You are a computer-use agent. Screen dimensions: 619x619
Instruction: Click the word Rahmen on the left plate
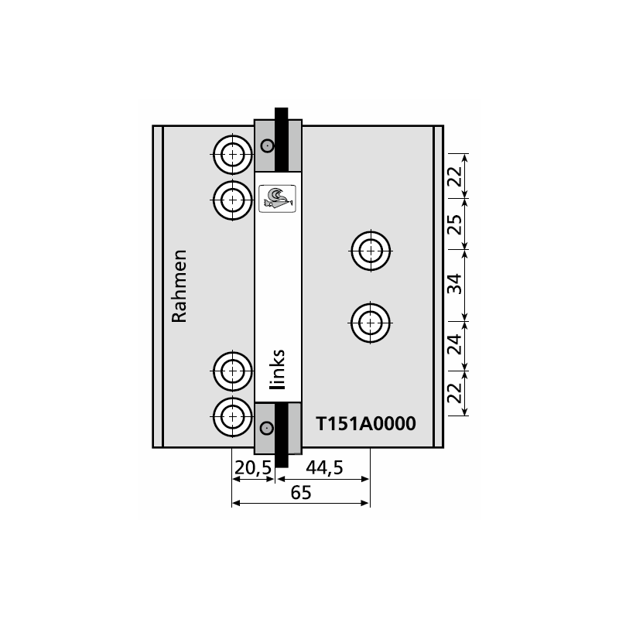pos(180,286)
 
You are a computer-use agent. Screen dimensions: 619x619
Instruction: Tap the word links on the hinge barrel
pos(277,369)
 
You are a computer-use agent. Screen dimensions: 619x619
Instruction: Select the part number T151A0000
pos(366,423)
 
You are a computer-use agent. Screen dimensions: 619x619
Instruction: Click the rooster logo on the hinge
pos(277,199)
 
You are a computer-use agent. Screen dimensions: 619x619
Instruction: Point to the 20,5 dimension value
pos(253,468)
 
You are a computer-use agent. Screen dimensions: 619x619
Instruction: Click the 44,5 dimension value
pos(324,468)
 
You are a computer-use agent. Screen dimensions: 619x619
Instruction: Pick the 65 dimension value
pos(301,493)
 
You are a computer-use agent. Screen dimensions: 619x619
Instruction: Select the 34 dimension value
pos(454,284)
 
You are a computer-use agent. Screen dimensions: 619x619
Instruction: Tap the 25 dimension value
pos(454,224)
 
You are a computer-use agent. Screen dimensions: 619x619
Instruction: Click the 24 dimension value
pos(454,344)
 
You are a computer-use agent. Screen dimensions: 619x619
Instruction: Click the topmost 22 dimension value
pos(454,176)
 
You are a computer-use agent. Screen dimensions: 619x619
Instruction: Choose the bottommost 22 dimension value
pos(454,393)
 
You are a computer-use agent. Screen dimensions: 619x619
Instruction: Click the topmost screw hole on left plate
pos(233,154)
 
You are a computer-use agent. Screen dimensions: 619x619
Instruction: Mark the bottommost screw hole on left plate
pos(233,417)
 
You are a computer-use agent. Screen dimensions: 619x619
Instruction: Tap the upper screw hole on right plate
pos(371,251)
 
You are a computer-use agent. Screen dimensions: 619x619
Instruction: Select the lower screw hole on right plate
pos(371,323)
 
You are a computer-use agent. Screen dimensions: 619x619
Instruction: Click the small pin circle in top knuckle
pos(268,146)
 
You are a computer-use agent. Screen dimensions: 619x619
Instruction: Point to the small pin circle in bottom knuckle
pos(267,428)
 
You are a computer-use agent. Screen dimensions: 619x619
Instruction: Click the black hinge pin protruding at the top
pos(281,114)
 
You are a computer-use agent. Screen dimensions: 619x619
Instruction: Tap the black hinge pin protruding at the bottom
pos(282,460)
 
